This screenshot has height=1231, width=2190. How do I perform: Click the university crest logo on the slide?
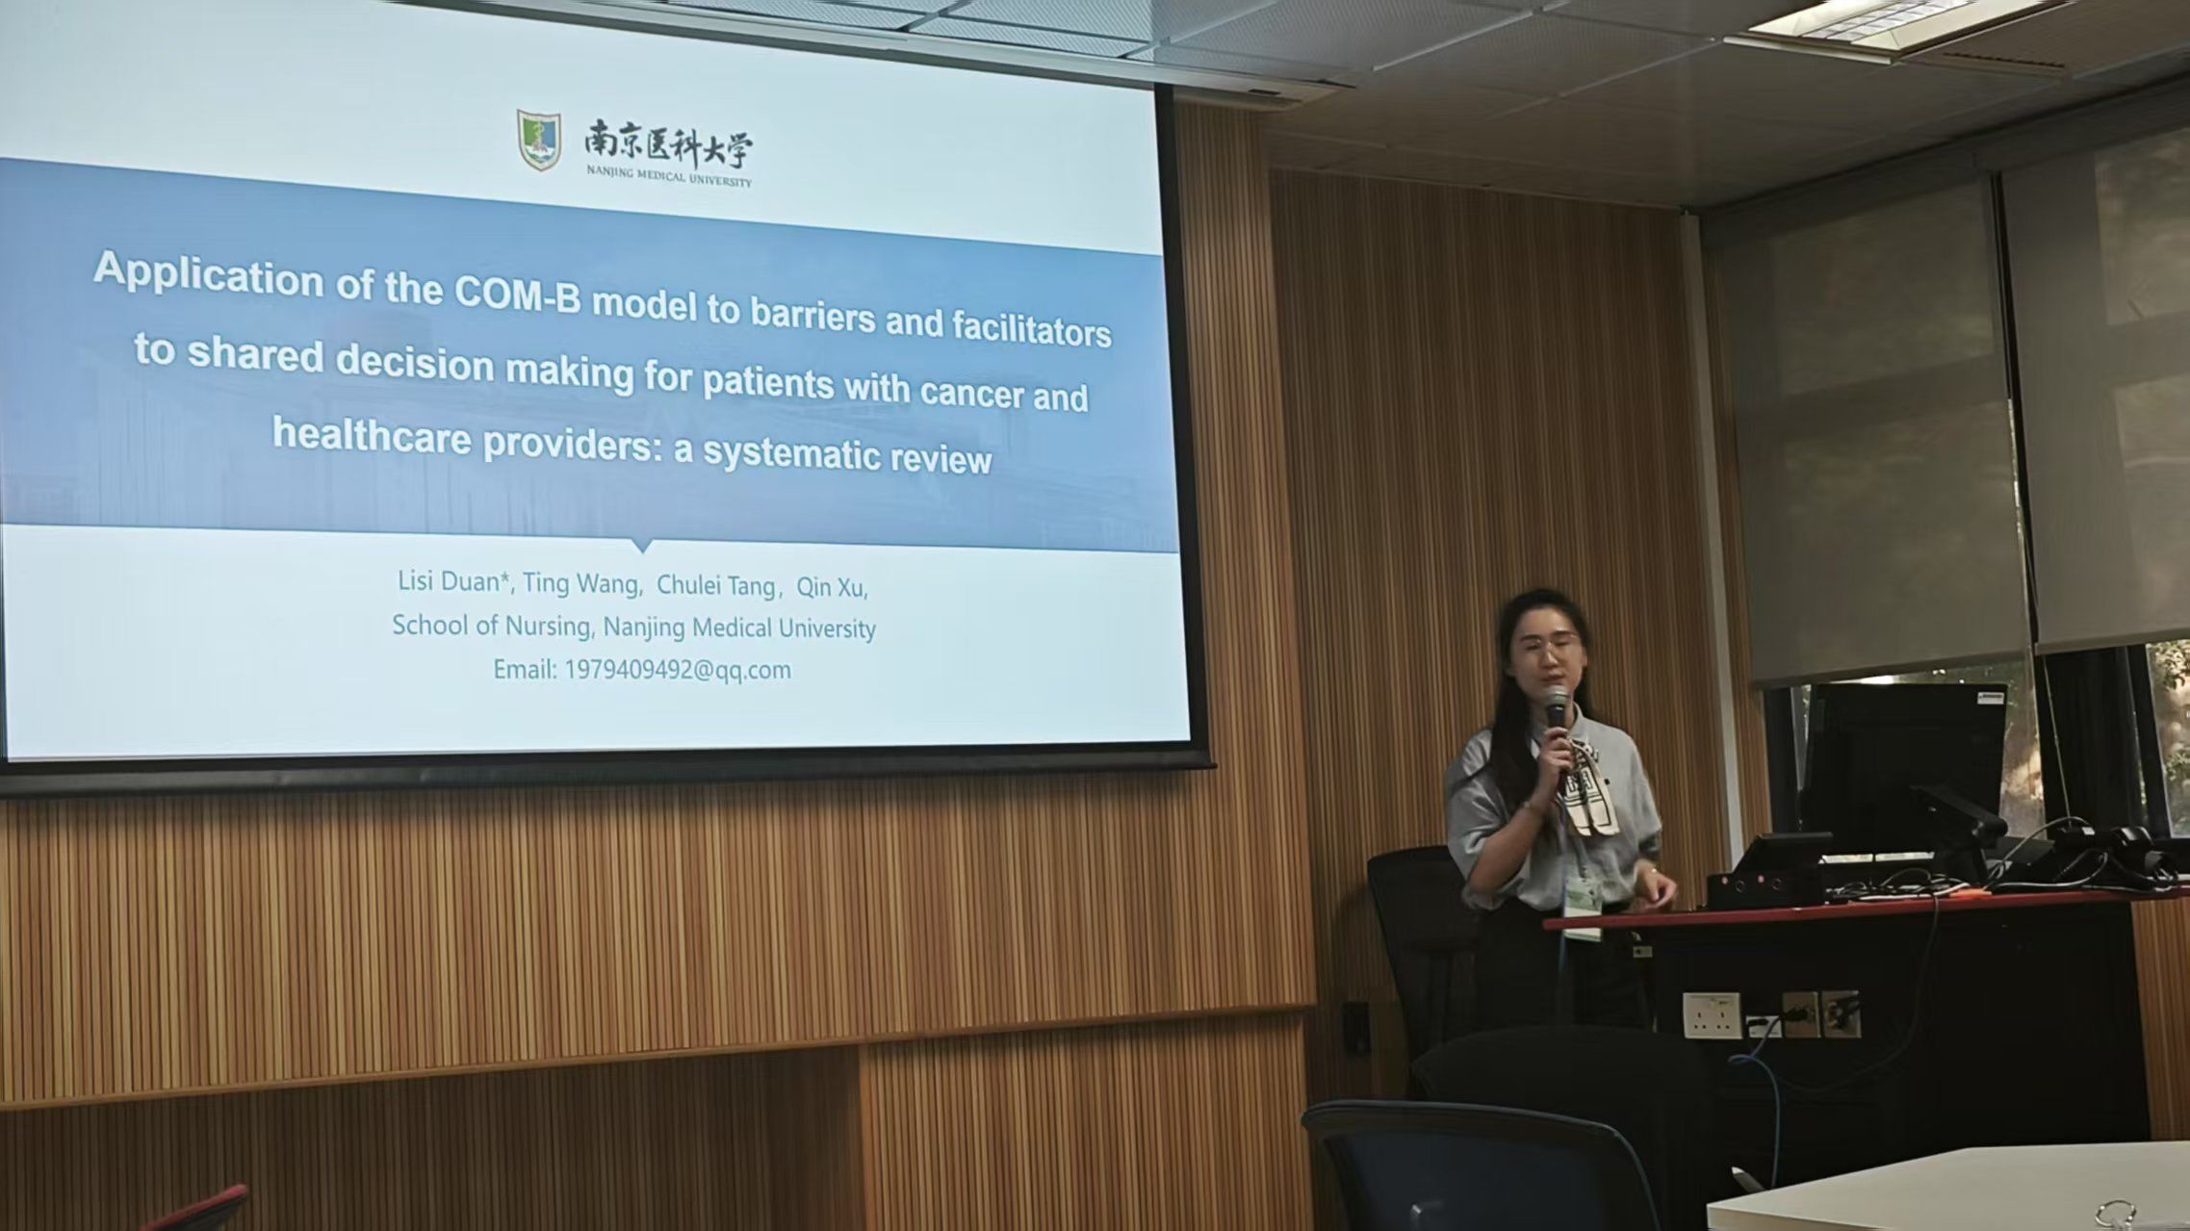tap(539, 141)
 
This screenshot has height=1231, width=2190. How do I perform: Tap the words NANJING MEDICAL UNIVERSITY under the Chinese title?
tap(669, 176)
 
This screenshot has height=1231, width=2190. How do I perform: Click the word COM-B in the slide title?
tap(518, 294)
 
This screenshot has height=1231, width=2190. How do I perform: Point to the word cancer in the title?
tap(971, 393)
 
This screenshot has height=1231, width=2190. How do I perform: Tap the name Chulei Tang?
tap(716, 585)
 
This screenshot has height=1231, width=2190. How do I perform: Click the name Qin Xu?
tap(829, 587)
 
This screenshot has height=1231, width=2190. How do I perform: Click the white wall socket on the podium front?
tap(1712, 1015)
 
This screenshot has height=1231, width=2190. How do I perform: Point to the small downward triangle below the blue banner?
tap(642, 545)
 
